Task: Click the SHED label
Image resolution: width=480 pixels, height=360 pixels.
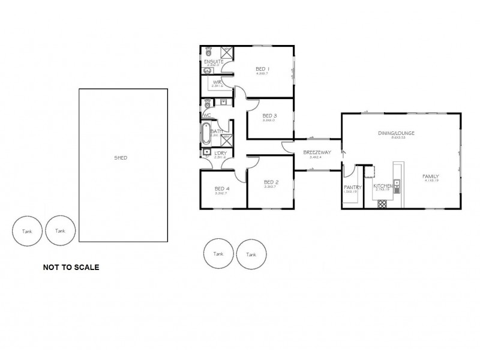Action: [121, 158]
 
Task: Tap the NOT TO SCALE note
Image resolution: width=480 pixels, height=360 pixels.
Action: [71, 267]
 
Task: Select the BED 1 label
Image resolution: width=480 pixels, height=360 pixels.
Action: [262, 69]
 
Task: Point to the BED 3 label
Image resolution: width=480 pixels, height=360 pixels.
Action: [269, 116]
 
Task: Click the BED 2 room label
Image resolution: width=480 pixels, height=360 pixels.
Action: [271, 182]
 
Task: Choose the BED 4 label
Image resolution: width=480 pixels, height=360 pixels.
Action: [223, 189]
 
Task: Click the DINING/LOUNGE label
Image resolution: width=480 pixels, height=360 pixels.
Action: [396, 133]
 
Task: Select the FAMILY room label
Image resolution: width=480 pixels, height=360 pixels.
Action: [433, 176]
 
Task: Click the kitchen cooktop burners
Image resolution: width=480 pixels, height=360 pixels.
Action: [382, 204]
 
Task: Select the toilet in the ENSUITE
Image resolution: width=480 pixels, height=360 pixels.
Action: [209, 52]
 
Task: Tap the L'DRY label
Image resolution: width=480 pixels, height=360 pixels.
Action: [219, 153]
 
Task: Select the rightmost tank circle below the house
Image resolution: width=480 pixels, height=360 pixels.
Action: [251, 254]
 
